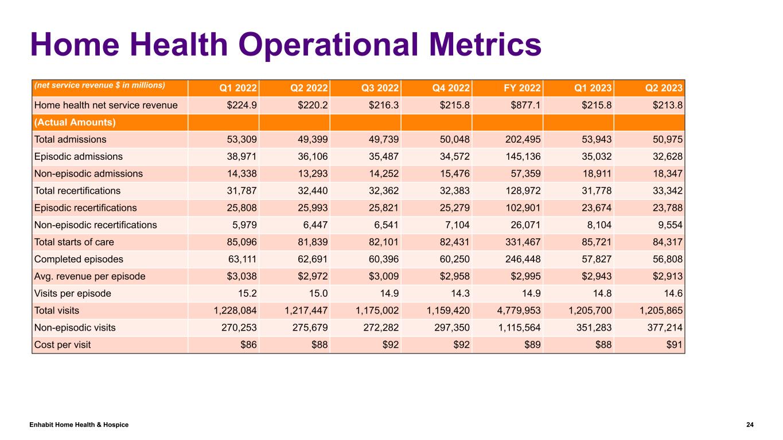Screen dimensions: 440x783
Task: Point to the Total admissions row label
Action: (x=70, y=139)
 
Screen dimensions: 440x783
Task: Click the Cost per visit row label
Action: (x=63, y=345)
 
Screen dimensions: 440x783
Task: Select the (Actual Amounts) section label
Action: (x=75, y=122)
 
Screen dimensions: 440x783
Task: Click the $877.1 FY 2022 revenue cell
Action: (x=525, y=105)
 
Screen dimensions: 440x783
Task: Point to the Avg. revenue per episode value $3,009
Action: (x=383, y=276)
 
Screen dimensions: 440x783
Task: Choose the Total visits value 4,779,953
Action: (x=516, y=311)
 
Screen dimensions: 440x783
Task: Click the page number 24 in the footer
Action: (x=750, y=425)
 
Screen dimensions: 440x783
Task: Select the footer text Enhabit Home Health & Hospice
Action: (x=79, y=425)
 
